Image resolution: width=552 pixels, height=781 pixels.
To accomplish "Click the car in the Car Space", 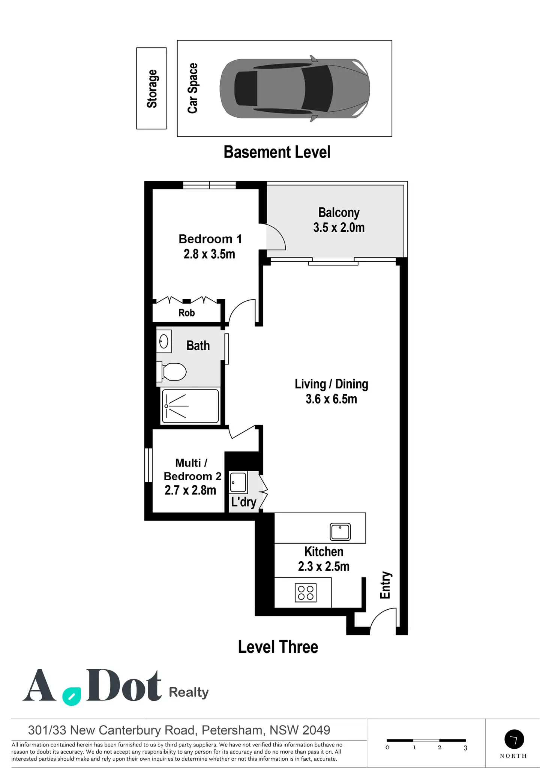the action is click(295, 88).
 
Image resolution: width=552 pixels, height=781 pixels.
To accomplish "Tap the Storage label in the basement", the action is click(152, 89).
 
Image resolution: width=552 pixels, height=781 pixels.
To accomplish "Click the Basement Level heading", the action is click(277, 152).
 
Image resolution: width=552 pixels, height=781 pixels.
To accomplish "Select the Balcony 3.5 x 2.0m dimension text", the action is click(339, 228).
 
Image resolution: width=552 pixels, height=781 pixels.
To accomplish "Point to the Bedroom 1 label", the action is click(210, 239).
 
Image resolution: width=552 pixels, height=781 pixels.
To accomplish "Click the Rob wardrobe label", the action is click(186, 313).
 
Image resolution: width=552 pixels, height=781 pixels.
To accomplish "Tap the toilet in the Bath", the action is click(174, 372).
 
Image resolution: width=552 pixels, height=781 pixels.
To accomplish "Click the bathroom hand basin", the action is click(164, 341).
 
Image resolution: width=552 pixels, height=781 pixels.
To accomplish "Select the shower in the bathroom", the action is click(190, 406).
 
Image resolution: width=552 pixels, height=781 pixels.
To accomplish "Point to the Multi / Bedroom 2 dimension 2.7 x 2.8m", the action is click(190, 490).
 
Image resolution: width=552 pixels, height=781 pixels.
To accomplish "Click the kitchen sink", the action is click(340, 531).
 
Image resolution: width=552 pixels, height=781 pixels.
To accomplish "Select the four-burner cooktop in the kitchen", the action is click(306, 593).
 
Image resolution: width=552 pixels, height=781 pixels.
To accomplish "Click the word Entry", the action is click(385, 585).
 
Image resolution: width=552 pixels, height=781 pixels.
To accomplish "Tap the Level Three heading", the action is click(278, 647).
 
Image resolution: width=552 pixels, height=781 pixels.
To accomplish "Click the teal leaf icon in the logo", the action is click(72, 697).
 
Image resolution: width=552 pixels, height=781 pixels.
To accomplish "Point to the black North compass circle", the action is click(514, 739).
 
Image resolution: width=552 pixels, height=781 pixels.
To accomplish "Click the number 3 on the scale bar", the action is click(465, 748).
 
